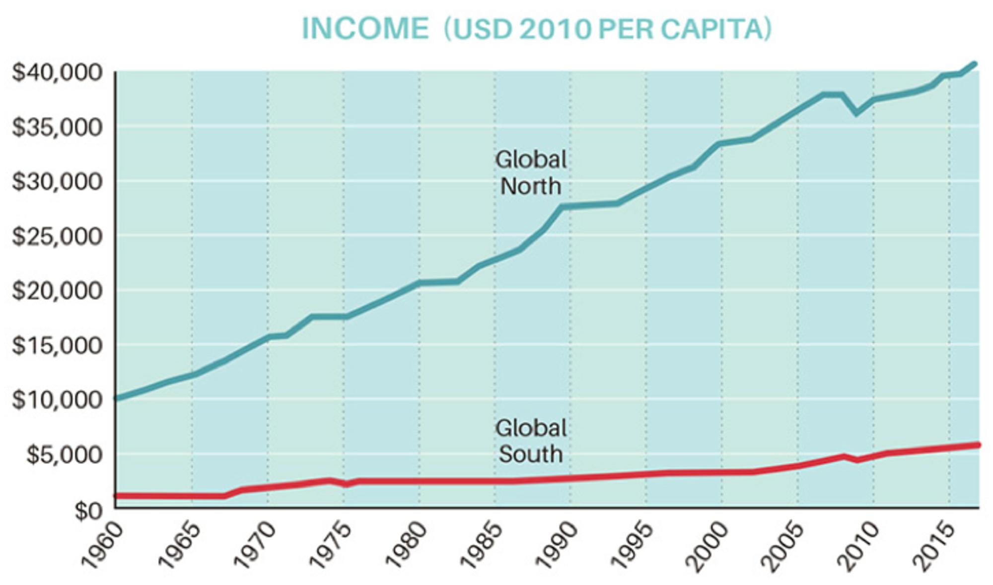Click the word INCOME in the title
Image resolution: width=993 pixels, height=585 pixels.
pyautogui.click(x=365, y=28)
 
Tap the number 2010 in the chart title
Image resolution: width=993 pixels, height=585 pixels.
pyautogui.click(x=555, y=29)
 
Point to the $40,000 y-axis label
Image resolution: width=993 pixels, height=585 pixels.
pyautogui.click(x=57, y=72)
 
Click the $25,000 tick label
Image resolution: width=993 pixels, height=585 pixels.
pyautogui.click(x=57, y=236)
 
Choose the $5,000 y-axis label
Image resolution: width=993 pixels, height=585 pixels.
pyautogui.click(x=64, y=455)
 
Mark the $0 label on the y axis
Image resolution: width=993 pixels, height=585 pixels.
pyautogui.click(x=88, y=510)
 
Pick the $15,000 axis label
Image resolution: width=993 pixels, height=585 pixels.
pyautogui.click(x=57, y=345)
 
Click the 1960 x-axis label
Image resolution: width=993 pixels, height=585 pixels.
pyautogui.click(x=102, y=546)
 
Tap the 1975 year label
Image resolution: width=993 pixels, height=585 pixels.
pyautogui.click(x=330, y=546)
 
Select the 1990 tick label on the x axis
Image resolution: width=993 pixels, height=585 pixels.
pyautogui.click(x=558, y=546)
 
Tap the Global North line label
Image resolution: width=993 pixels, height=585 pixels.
pyautogui.click(x=531, y=173)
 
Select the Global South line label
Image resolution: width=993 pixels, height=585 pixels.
pyautogui.click(x=531, y=441)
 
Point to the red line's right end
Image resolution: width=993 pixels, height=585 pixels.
pyautogui.click(x=978, y=445)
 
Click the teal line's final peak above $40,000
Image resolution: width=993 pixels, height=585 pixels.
pyautogui.click(x=974, y=64)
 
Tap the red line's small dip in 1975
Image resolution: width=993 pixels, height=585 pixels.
pyautogui.click(x=346, y=484)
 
